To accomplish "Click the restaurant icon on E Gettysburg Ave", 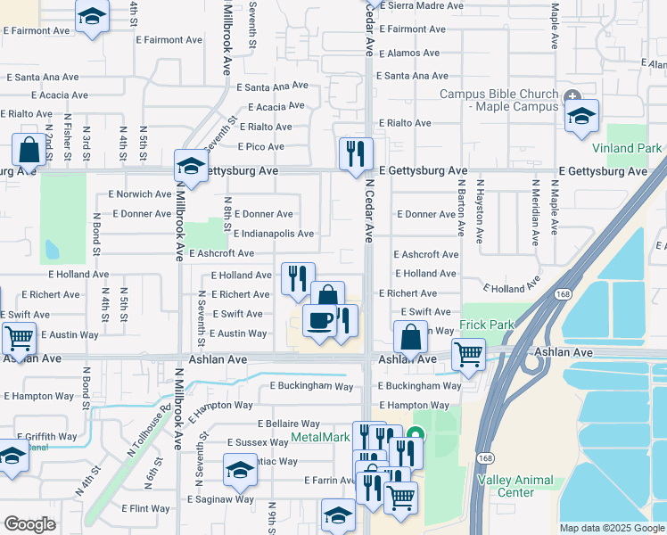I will tap(356, 153).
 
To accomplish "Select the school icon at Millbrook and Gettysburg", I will tap(190, 165).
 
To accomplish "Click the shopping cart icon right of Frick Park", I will tap(468, 354).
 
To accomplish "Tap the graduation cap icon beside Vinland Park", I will tap(581, 116).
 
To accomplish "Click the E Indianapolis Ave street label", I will tap(274, 234).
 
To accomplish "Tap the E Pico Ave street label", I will tap(260, 146).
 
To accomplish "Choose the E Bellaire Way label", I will tap(288, 424).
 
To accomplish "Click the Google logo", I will tap(29, 524).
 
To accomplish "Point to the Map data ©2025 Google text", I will tap(611, 528).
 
